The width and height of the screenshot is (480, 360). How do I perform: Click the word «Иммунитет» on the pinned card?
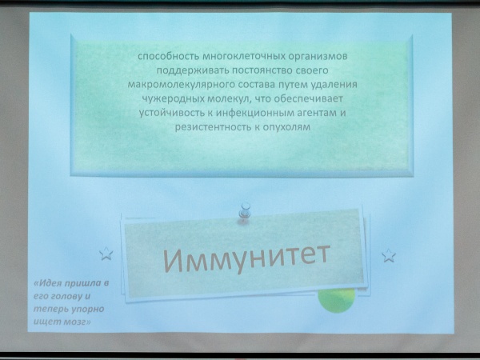[246, 258]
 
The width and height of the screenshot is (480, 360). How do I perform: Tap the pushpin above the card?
[245, 211]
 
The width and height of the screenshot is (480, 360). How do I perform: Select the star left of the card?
[106, 254]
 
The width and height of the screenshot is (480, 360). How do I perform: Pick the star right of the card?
[389, 256]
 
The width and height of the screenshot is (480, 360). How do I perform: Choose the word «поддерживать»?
[193, 70]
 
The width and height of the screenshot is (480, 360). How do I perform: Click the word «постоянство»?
[263, 70]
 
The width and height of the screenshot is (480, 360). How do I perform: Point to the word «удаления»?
[334, 85]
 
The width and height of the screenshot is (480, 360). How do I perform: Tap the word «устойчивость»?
[170, 113]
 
